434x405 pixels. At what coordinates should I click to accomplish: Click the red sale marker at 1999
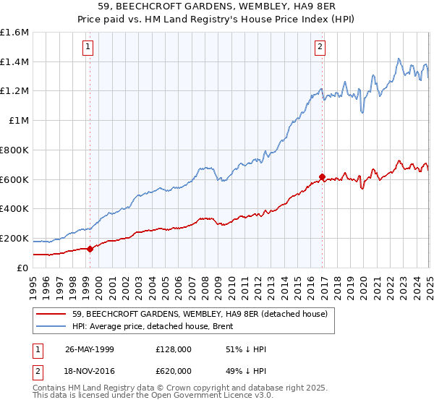[90, 249]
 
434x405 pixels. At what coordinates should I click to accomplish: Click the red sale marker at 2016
[322, 176]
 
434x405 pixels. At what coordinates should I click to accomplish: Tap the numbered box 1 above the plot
[88, 48]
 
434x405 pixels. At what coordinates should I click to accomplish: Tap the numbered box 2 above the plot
[320, 48]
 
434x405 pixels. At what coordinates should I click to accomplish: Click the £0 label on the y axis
[22, 268]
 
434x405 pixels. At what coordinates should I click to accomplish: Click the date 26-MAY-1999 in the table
[90, 349]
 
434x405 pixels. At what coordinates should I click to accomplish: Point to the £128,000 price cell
[172, 349]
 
